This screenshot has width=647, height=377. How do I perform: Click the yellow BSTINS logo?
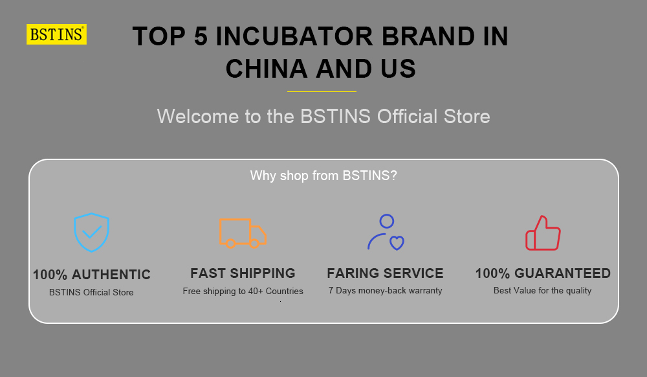pos(56,34)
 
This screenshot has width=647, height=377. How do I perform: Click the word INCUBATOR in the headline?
pos(295,37)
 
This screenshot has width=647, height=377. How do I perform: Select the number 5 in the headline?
pos(200,37)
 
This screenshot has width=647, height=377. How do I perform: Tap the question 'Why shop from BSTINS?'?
pos(323,176)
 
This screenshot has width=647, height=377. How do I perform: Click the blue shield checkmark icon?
pos(91,232)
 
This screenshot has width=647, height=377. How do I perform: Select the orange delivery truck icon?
pos(243,233)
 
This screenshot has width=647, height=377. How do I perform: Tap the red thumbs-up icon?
pos(543,233)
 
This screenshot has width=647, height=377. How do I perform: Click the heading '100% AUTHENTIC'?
pos(91,275)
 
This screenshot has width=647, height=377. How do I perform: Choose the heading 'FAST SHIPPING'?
pos(243,273)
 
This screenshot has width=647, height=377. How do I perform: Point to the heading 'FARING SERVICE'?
pos(385,273)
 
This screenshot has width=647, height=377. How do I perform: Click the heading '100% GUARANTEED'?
pos(543,273)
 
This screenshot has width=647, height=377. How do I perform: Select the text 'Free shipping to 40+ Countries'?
pos(243,291)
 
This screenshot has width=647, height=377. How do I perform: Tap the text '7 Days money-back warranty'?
pos(385,291)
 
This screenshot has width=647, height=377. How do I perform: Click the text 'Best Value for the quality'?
pos(542,291)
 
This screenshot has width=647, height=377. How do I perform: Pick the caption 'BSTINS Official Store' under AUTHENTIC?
pos(91,293)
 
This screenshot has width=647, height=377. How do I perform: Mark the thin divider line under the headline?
pos(322,91)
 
